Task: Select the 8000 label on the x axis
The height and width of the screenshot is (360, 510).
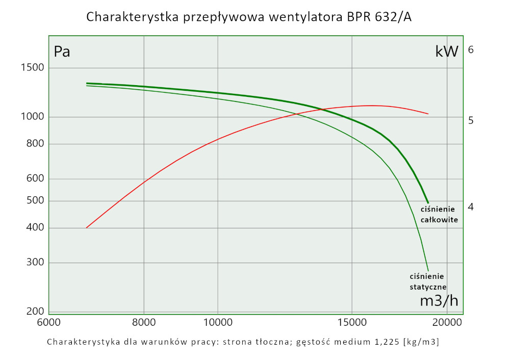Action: (144, 323)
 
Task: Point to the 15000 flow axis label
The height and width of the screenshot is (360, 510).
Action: (351, 323)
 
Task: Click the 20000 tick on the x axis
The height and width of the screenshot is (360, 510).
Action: (447, 323)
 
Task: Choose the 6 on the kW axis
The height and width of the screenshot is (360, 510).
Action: (471, 49)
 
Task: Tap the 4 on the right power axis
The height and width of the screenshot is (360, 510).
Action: (471, 207)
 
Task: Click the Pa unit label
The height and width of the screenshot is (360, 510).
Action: (62, 52)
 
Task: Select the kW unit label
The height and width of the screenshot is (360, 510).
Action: (447, 52)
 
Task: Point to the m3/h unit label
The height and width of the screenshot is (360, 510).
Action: (439, 301)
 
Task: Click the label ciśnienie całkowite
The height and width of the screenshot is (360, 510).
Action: (439, 215)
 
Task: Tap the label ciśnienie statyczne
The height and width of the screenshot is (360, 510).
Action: (428, 281)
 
